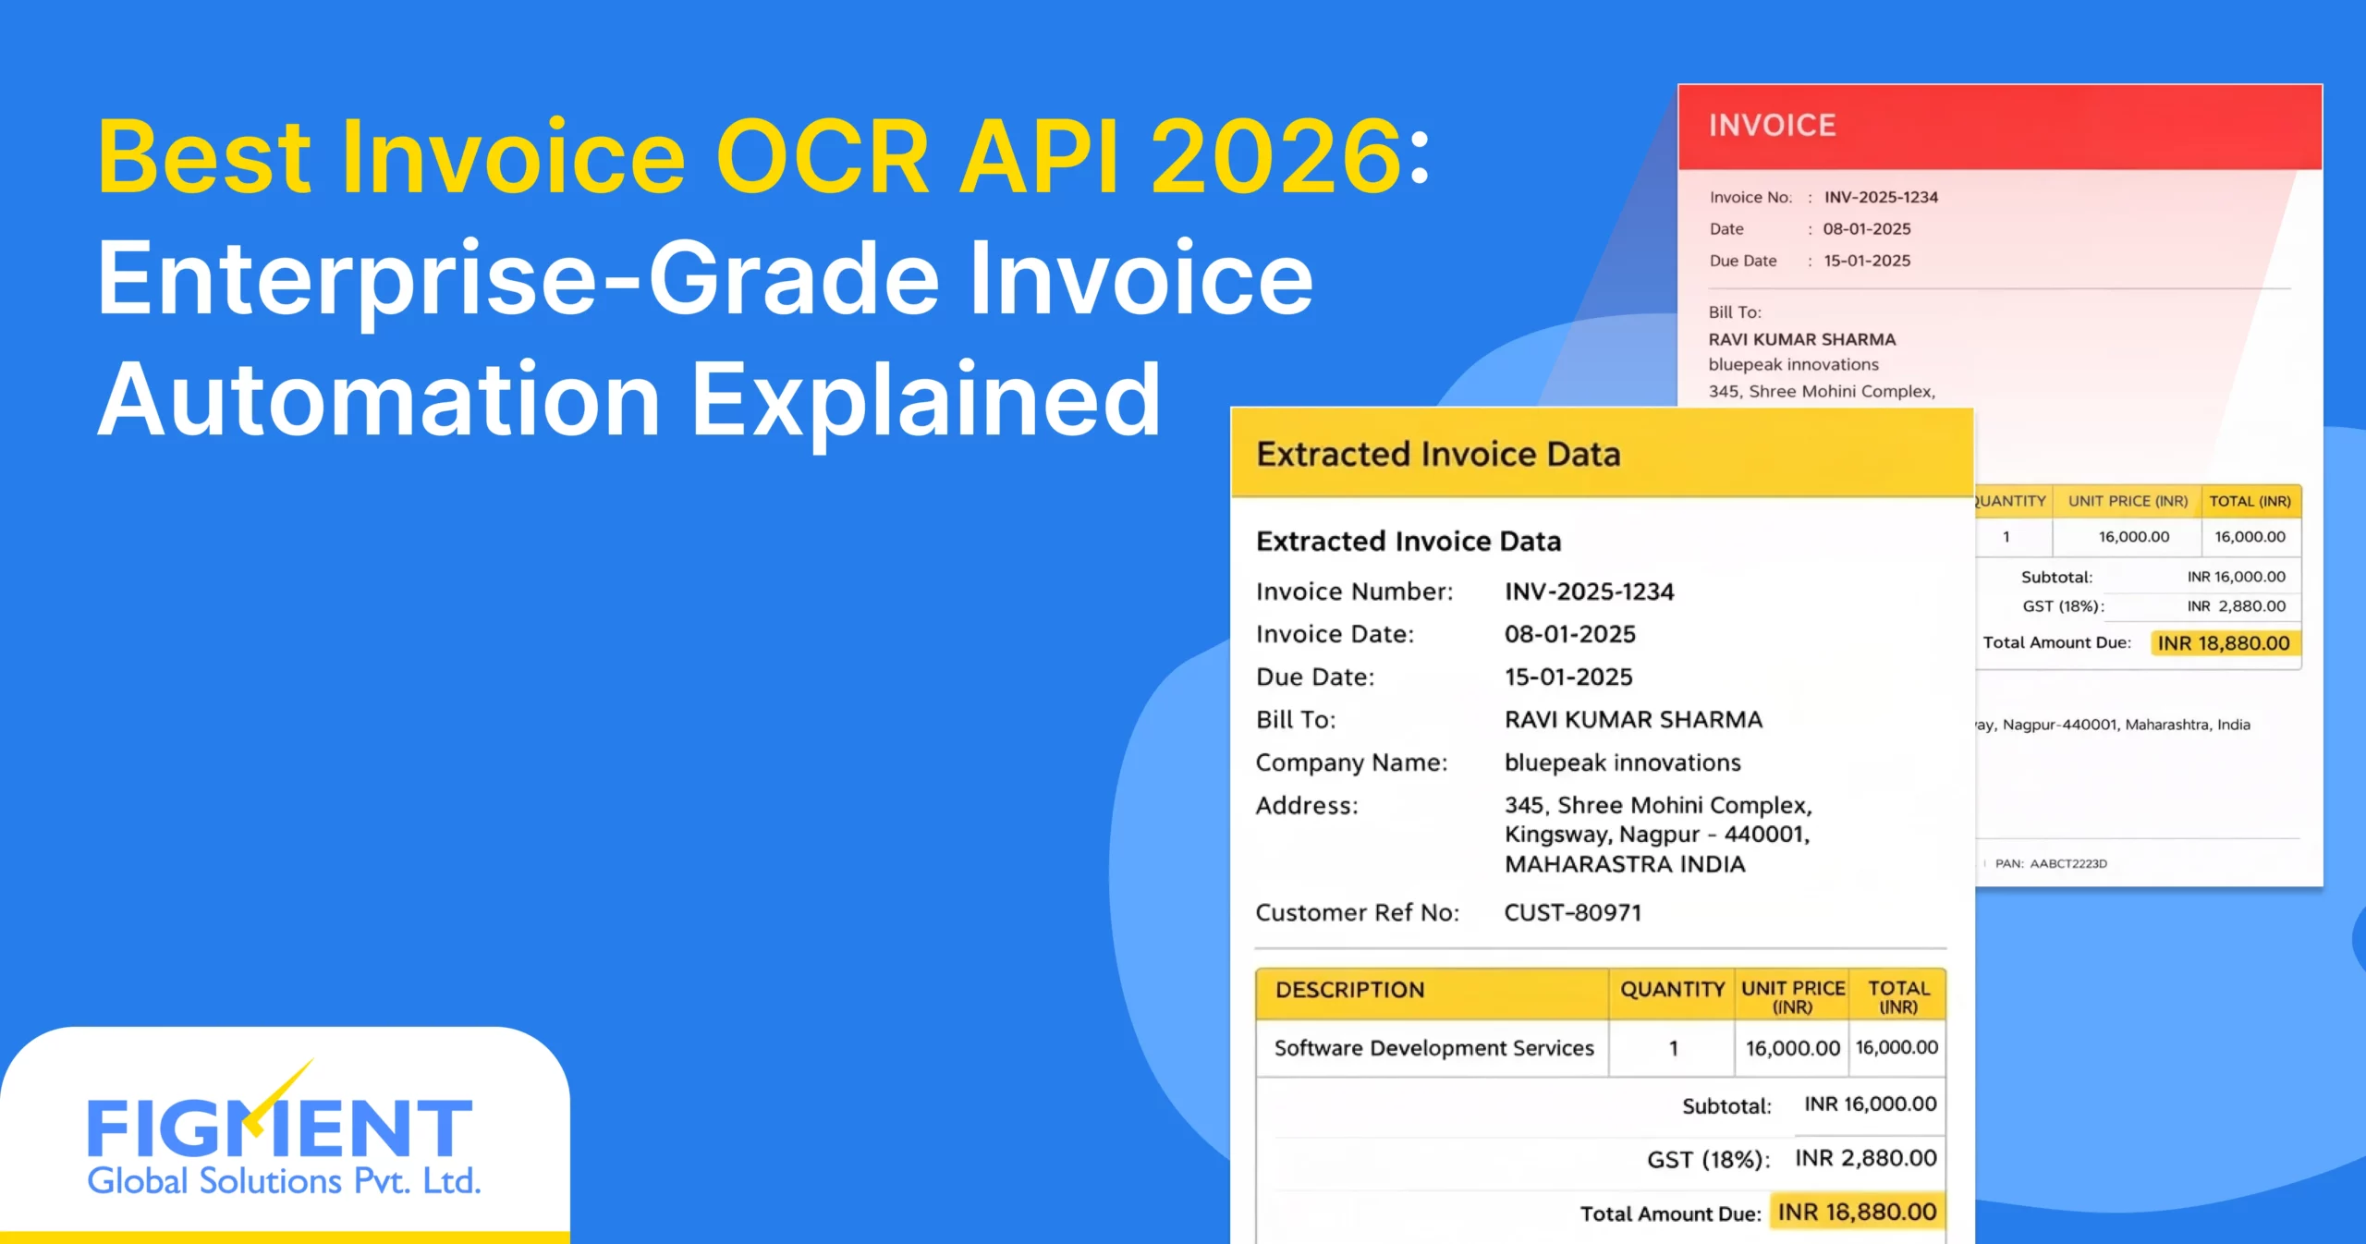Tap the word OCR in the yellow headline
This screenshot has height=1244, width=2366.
click(x=822, y=156)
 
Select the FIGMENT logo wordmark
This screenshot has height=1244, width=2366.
click(x=280, y=1127)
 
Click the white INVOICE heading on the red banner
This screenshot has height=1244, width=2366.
click(x=1772, y=126)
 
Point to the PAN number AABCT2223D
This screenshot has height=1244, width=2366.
click(x=2067, y=863)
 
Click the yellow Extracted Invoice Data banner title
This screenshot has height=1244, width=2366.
click(x=1438, y=454)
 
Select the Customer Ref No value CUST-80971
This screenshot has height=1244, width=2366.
click(x=1573, y=912)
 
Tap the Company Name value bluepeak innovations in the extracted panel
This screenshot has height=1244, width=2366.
click(x=1622, y=762)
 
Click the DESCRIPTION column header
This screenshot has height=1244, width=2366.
click(x=1349, y=990)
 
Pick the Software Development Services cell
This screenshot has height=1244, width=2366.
click(x=1433, y=1048)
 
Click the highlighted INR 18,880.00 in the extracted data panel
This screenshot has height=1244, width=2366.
click(x=1857, y=1212)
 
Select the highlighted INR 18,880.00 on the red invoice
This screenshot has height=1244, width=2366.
click(x=2224, y=643)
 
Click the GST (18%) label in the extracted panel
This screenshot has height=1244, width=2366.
click(x=1708, y=1159)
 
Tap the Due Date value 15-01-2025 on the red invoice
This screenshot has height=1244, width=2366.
click(x=1867, y=261)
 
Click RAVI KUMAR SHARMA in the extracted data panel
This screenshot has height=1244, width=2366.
click(x=1633, y=719)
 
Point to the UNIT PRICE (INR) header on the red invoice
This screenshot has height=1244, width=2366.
click(x=2128, y=501)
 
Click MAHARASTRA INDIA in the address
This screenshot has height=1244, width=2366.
click(x=1625, y=864)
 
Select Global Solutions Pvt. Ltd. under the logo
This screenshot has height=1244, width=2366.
click(x=284, y=1181)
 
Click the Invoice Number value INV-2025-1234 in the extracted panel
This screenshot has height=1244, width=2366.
click(x=1589, y=592)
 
